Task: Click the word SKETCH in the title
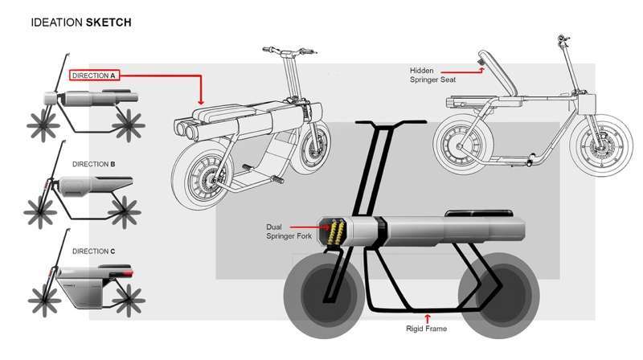[109, 22]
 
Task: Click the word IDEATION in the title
[56, 22]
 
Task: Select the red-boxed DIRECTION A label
[94, 76]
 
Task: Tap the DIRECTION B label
[93, 164]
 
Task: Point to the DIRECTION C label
[93, 251]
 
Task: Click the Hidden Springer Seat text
[432, 75]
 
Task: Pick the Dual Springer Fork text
[289, 231]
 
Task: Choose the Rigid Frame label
[427, 329]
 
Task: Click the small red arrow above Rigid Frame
[428, 318]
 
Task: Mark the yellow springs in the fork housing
[336, 232]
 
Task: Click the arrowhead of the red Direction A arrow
[200, 102]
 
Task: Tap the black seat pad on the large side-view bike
[478, 213]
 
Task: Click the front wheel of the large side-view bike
[325, 295]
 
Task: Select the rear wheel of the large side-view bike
[498, 295]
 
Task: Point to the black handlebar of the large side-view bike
[391, 122]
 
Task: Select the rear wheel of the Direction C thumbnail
[129, 301]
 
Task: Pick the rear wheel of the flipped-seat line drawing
[464, 143]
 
